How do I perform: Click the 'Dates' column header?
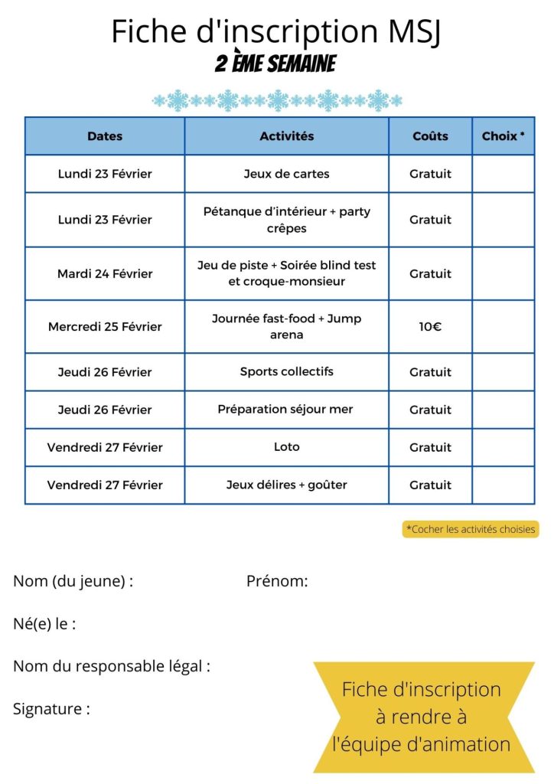[x=105, y=136]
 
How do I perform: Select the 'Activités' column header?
[x=287, y=136]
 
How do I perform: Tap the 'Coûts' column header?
[x=430, y=136]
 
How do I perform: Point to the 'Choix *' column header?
[x=503, y=136]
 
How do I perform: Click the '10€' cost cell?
[x=430, y=327]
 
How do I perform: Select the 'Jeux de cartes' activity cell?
[x=287, y=174]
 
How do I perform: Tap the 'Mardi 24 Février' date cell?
[x=105, y=273]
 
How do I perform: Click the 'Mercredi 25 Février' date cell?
[x=105, y=327]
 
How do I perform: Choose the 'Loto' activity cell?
[x=287, y=447]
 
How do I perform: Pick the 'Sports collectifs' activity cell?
[x=287, y=372]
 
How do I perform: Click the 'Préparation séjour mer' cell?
[x=287, y=410]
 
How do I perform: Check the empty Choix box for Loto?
[x=503, y=447]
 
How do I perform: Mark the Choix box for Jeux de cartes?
[x=503, y=174]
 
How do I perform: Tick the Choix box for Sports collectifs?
[x=503, y=372]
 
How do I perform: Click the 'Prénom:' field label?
[x=277, y=582]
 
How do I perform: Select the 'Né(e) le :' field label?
[x=44, y=624]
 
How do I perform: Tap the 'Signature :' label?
[x=51, y=709]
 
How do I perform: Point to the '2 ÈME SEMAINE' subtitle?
[x=275, y=64]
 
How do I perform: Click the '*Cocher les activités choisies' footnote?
[x=471, y=529]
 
